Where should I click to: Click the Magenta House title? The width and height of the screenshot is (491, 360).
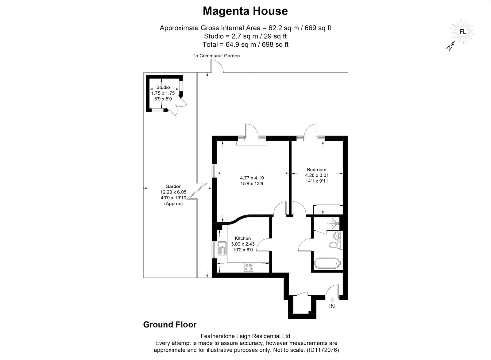coord(245,11)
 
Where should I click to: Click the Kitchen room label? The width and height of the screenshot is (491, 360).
coord(243,238)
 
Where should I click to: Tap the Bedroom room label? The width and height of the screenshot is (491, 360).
coord(316,170)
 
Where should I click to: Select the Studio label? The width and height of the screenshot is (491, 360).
coord(163,87)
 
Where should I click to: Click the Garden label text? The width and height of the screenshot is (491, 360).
coord(173,186)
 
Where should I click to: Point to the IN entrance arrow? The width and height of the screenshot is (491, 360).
coord(332,300)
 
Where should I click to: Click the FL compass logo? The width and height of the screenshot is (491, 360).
coord(462,32)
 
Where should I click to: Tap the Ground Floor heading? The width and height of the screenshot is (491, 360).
coord(170,324)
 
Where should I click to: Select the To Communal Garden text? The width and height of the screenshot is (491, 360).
coord(216,56)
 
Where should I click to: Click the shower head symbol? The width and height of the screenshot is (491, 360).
coord(335,223)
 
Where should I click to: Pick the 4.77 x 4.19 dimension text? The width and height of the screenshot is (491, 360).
coord(252,178)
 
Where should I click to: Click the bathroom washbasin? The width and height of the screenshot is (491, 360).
coord(337,236)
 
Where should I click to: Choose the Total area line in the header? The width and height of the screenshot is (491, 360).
coord(245,44)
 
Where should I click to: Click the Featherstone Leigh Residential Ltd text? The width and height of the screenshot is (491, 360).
coord(245,336)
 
